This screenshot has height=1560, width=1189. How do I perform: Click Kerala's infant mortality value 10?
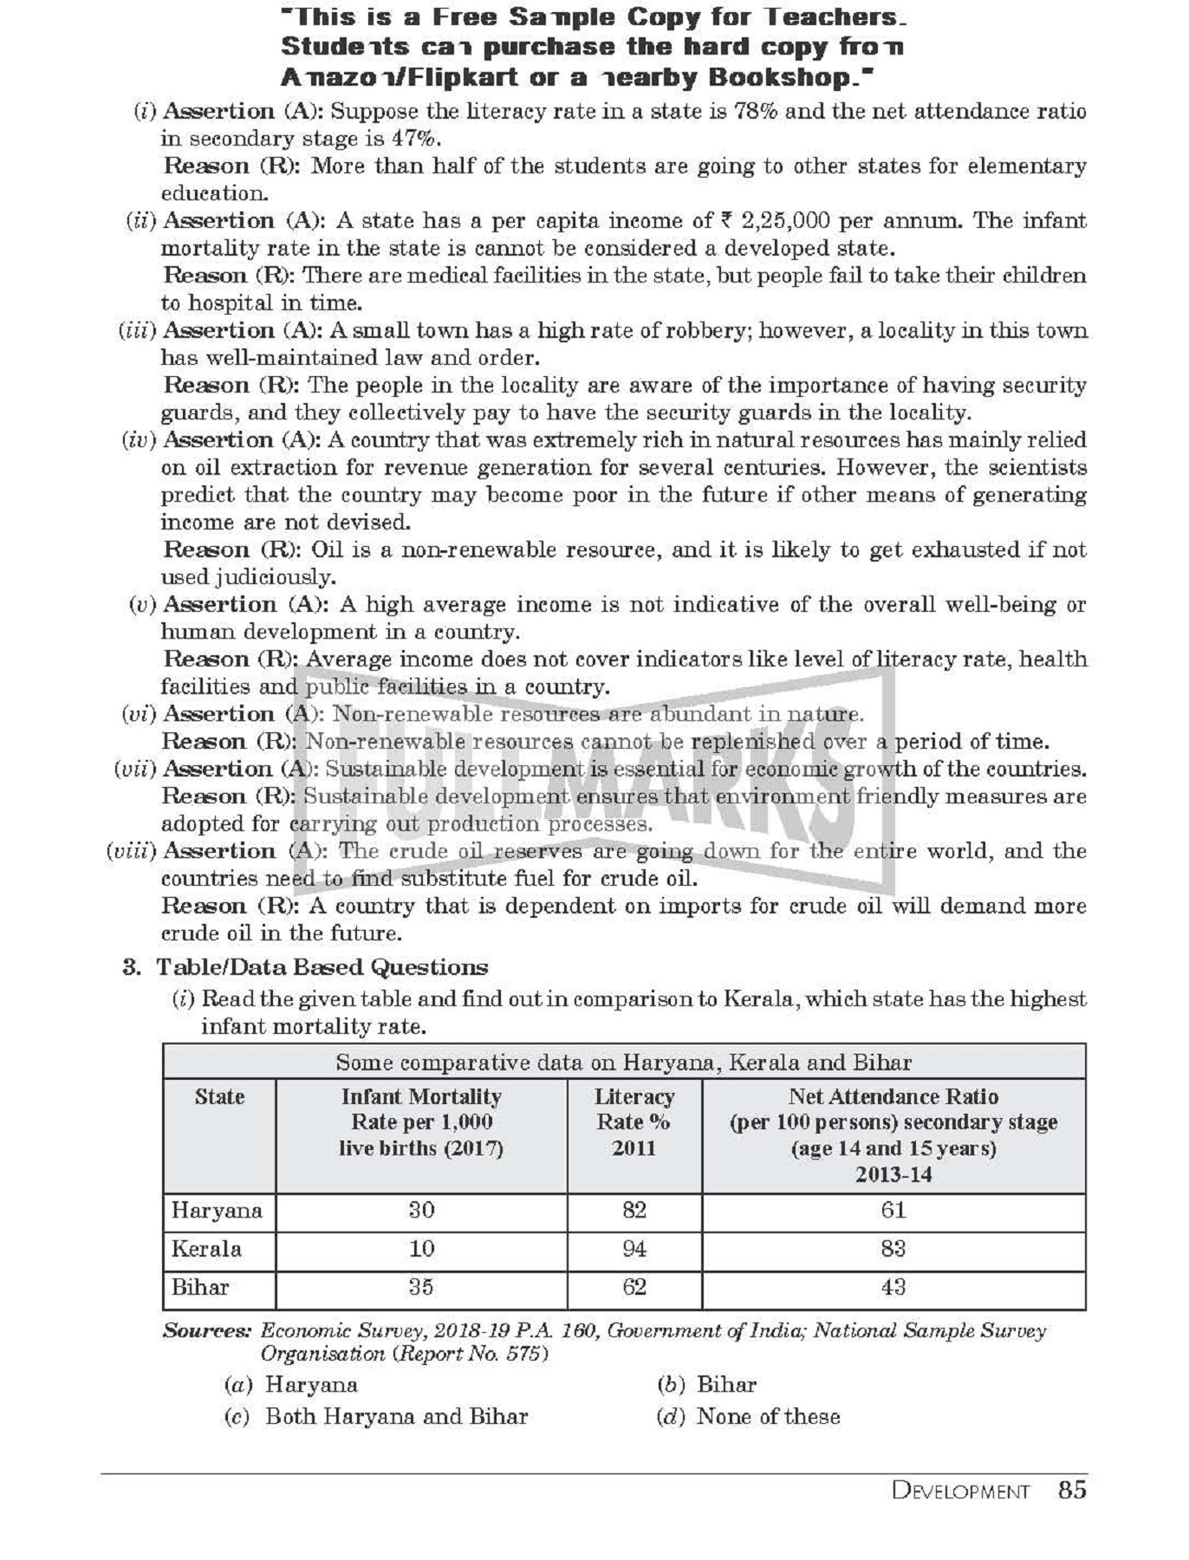coord(421,1249)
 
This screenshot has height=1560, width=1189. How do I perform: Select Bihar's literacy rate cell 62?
coord(634,1287)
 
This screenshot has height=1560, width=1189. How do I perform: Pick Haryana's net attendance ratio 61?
coord(893,1210)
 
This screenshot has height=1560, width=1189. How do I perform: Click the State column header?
coord(219,1097)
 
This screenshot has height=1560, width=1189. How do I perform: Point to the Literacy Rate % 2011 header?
coord(634,1122)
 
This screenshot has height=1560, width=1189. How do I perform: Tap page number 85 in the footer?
coord(1072,1490)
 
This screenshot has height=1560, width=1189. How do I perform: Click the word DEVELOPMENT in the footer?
coord(960,1492)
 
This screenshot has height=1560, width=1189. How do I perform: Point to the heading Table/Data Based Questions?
coord(322,967)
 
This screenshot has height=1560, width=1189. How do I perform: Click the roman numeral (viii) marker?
coord(131,851)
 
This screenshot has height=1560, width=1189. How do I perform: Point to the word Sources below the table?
coord(206,1331)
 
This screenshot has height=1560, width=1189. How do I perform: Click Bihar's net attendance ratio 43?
coord(893,1287)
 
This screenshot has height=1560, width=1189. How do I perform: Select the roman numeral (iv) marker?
coord(139,440)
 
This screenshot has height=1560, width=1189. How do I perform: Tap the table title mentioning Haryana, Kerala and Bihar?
coord(623,1063)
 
